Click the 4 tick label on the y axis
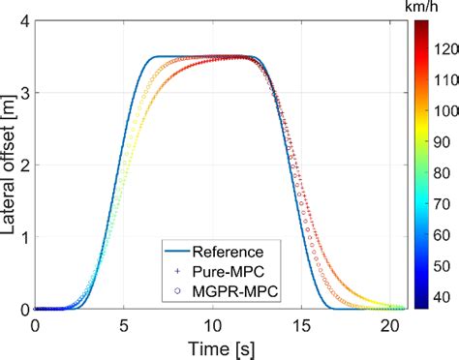pos(24,21)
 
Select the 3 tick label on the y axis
pos(24,93)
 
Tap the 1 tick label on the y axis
pos(24,237)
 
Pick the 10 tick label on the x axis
pos(220,324)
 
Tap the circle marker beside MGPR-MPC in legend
pos(177,291)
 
